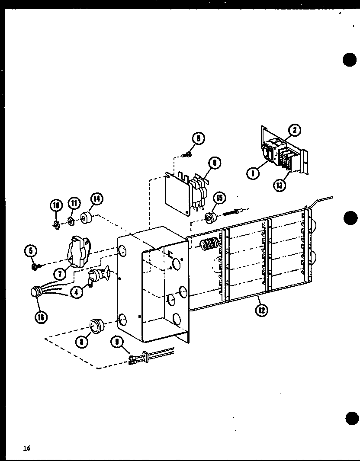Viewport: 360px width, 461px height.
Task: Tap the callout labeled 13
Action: (x=280, y=186)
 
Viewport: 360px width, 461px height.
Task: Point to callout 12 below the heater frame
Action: (x=261, y=310)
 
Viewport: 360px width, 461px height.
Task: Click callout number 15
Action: (x=220, y=198)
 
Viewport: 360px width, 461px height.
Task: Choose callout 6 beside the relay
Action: (x=214, y=163)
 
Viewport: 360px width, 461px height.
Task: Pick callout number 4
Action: (x=77, y=292)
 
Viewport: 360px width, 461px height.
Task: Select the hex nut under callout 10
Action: (x=56, y=224)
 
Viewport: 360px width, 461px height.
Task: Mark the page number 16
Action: (x=27, y=448)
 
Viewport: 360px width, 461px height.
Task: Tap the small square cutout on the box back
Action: (x=170, y=254)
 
